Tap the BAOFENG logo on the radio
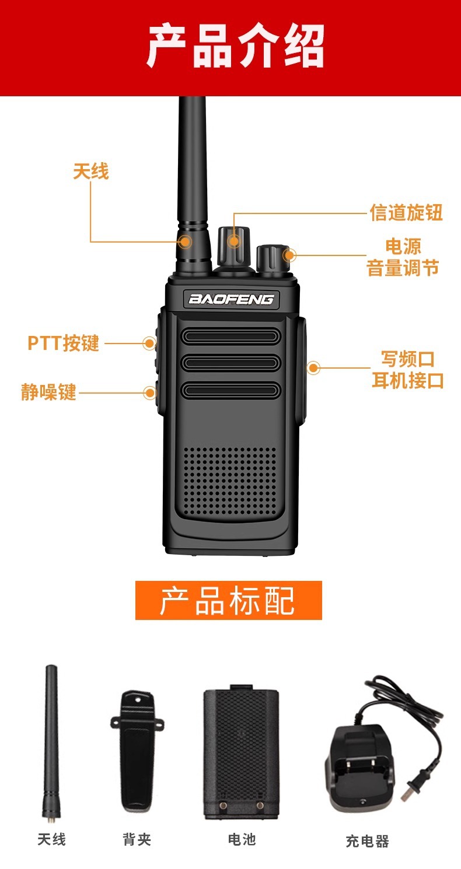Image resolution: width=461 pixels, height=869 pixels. click(231, 299)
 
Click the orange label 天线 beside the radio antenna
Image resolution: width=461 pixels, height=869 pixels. click(91, 171)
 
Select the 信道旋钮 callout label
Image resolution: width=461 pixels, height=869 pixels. click(406, 212)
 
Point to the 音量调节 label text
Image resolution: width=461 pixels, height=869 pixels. click(403, 268)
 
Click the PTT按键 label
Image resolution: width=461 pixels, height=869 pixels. click(64, 343)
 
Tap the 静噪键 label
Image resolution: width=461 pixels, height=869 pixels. click(49, 392)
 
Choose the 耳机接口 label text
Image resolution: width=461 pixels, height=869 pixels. click(408, 381)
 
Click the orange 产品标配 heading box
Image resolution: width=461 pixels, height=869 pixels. click(228, 600)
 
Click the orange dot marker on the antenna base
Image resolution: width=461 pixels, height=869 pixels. click(186, 241)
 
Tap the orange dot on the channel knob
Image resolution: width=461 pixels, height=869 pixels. click(234, 240)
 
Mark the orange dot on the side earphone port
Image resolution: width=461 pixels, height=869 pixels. click(314, 367)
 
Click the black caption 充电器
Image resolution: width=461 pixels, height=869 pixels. click(367, 841)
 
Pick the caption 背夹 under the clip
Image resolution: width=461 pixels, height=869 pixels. click(137, 839)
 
